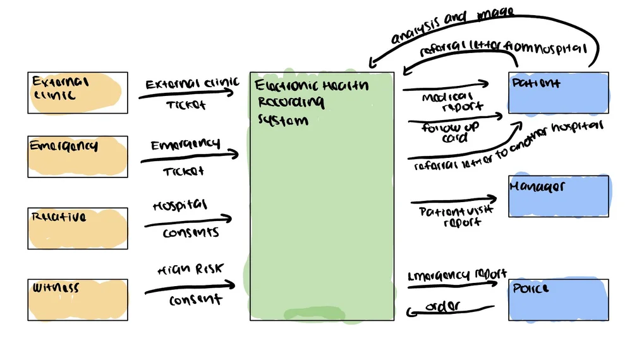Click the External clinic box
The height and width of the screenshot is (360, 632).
(x=77, y=92)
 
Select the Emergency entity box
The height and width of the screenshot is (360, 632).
(x=77, y=156)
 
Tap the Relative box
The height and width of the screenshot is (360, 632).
(x=77, y=228)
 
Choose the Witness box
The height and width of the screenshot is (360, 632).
(x=77, y=299)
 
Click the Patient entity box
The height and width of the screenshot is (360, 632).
(x=559, y=92)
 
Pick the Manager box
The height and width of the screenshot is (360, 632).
(x=559, y=196)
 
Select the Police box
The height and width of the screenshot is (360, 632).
(x=559, y=299)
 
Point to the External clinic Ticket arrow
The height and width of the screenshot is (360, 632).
(x=186, y=94)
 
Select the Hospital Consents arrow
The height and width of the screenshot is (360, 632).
(x=188, y=221)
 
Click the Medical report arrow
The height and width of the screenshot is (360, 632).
(x=446, y=85)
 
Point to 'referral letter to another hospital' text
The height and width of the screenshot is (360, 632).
(x=509, y=145)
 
